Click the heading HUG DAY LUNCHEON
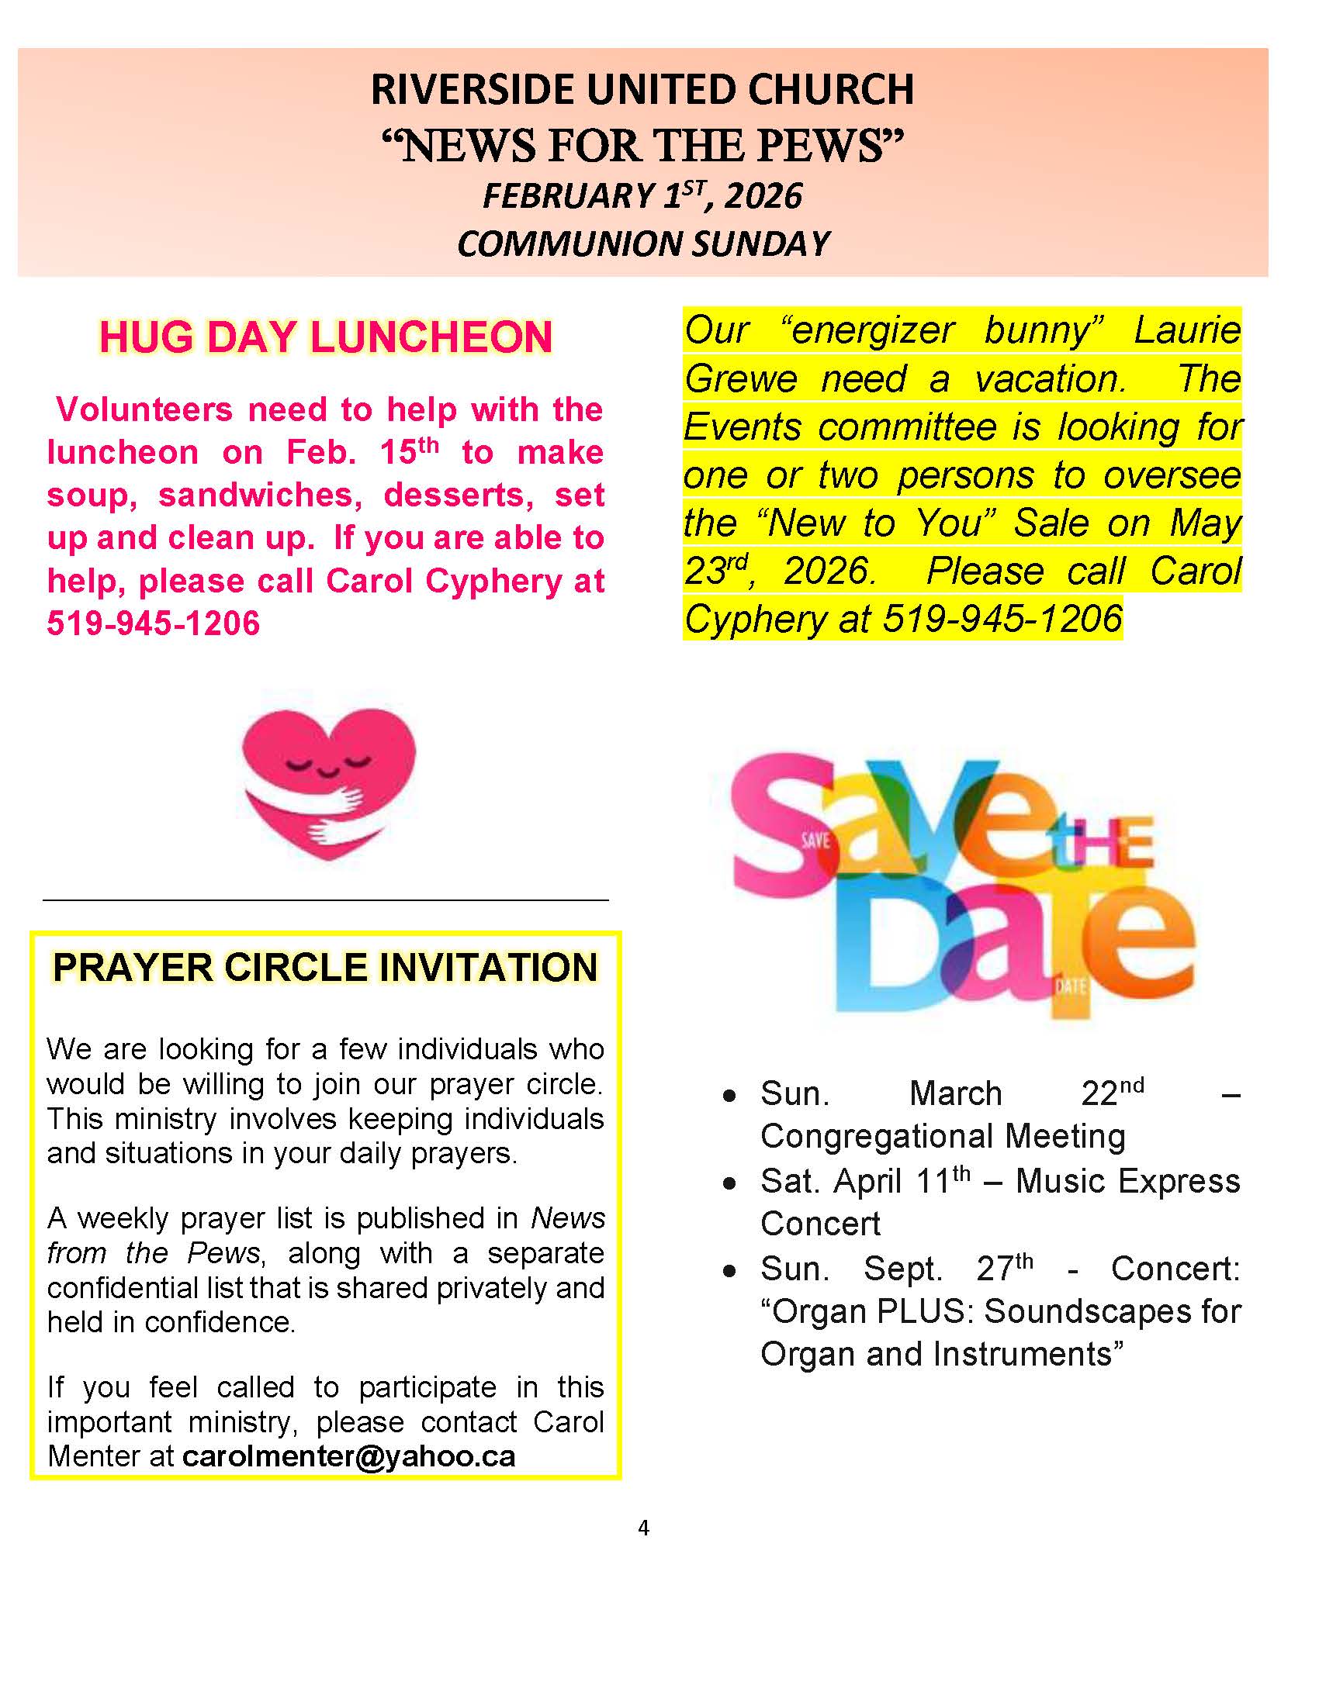(x=325, y=337)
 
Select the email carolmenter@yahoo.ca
(x=348, y=1456)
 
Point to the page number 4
(x=643, y=1528)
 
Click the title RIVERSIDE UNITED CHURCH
(x=642, y=89)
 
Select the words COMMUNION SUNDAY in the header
(x=642, y=243)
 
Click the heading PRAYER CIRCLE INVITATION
(x=325, y=967)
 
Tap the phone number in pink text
(x=154, y=623)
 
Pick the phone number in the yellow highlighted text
(x=1002, y=620)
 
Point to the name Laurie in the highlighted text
(x=1187, y=330)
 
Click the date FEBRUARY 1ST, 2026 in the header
(x=642, y=195)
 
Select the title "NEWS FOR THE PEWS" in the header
(x=642, y=146)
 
